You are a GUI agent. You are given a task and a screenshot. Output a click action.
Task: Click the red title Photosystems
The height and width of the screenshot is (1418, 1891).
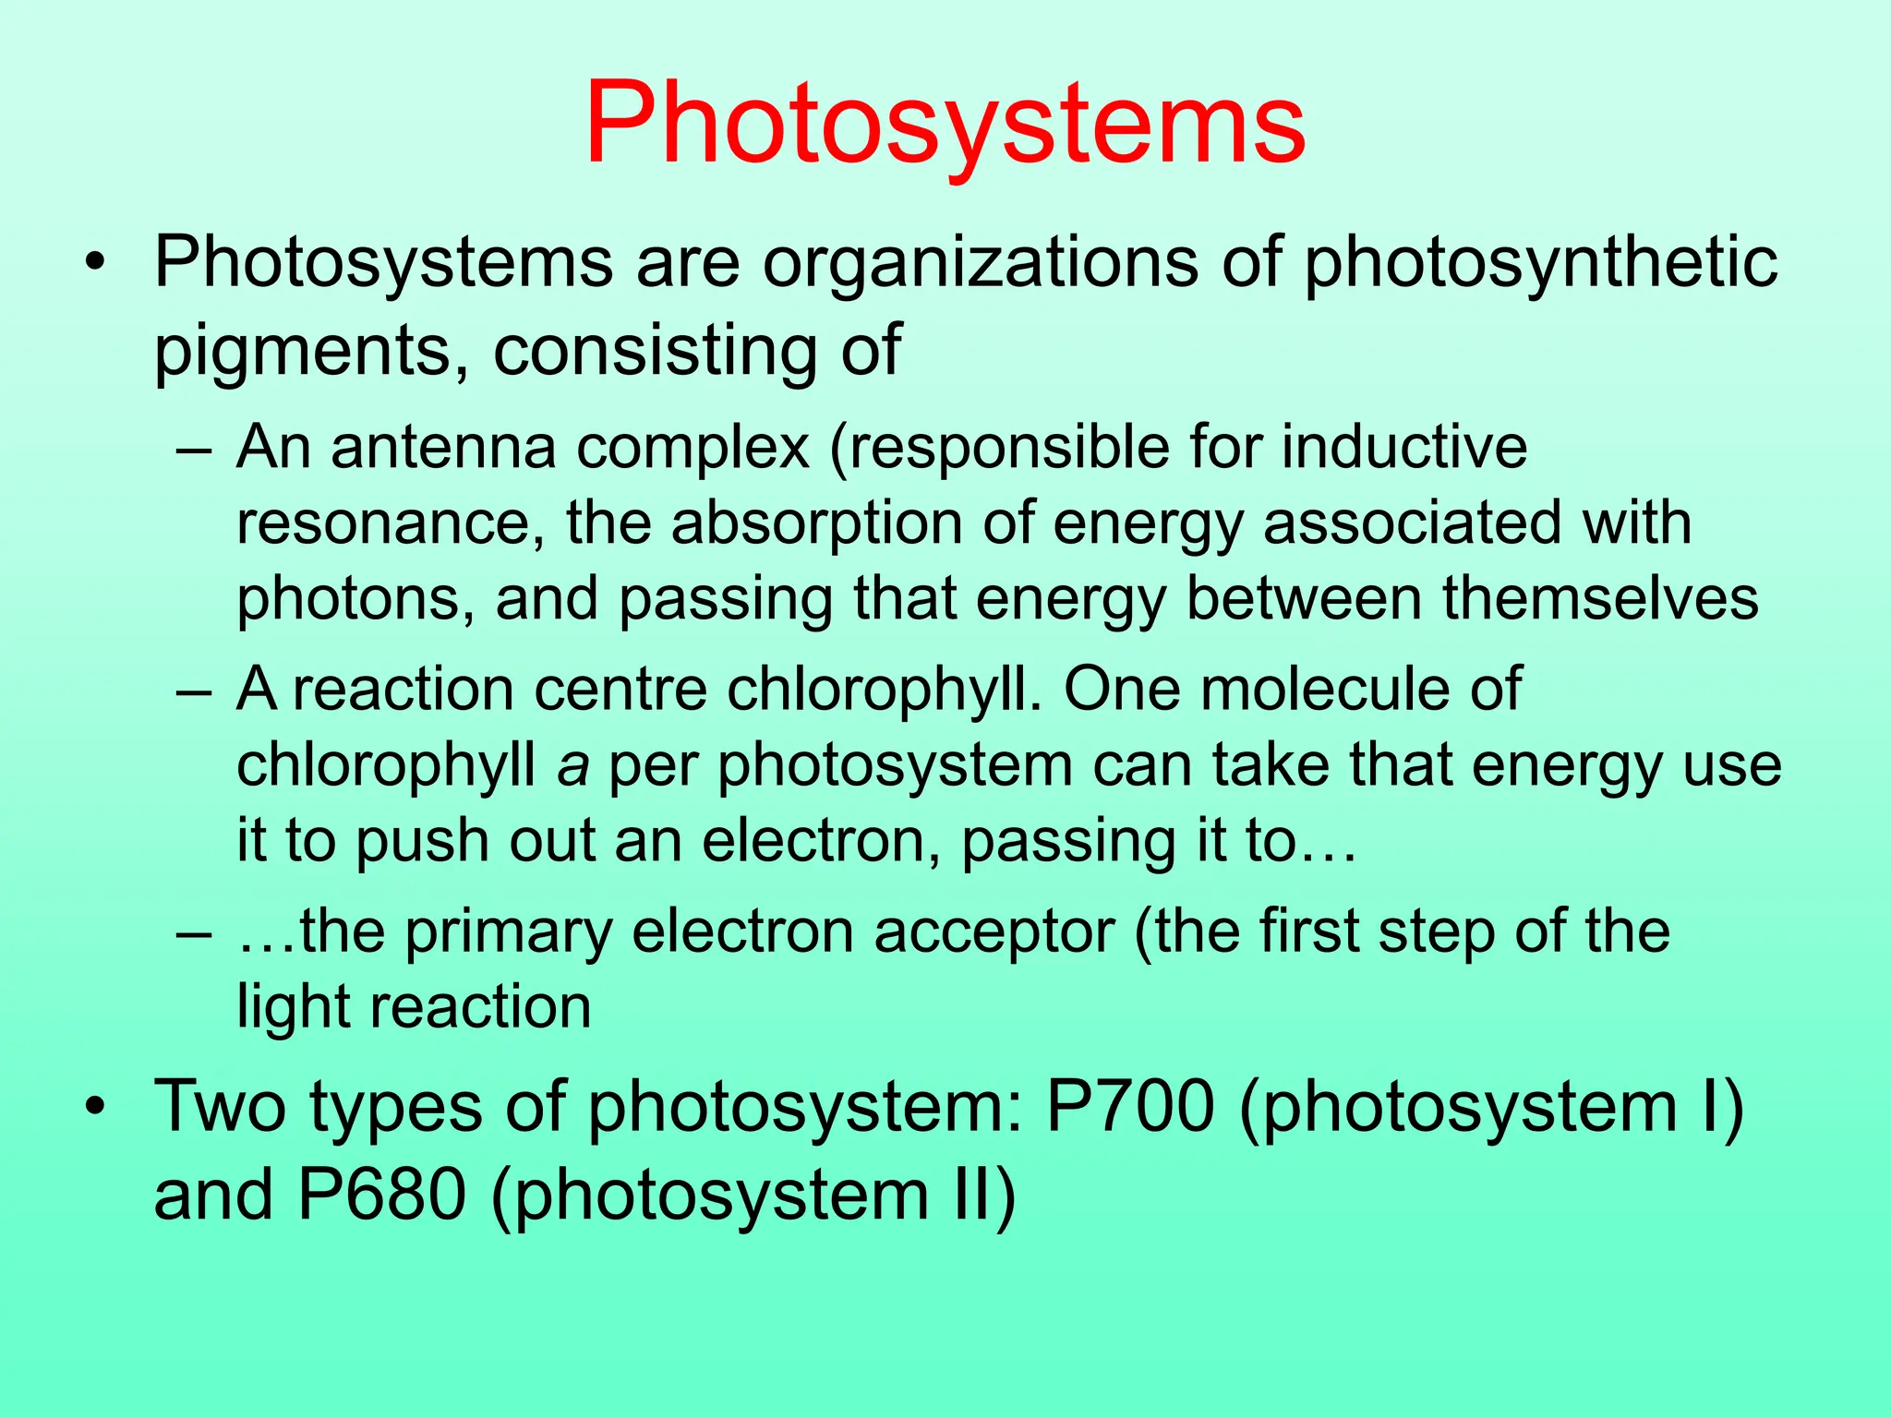pos(945,123)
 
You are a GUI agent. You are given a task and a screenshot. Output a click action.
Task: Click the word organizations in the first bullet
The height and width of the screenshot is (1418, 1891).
pos(980,262)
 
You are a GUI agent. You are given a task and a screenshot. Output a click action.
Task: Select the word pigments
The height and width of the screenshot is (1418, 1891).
pos(314,351)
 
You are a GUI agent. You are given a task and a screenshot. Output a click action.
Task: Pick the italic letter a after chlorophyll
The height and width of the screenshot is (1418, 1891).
pos(572,766)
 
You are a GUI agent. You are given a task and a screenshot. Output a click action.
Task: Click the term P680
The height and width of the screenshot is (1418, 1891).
pos(382,1196)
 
